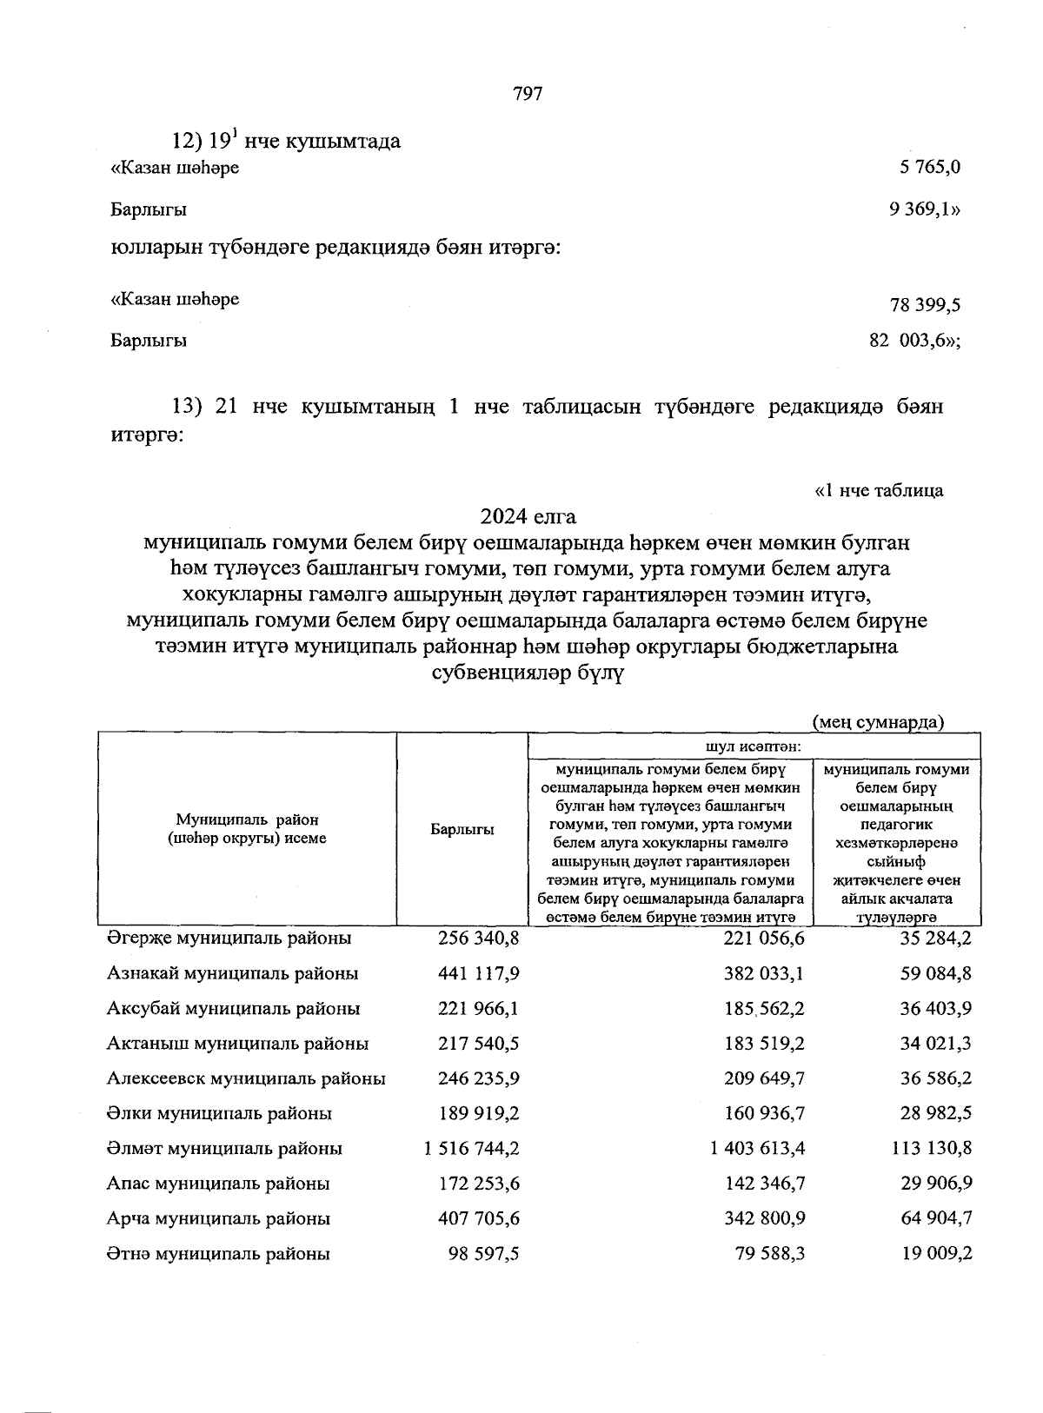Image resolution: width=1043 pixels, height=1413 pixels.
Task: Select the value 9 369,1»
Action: pyautogui.click(x=925, y=209)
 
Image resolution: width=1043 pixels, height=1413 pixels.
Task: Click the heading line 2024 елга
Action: pyautogui.click(x=528, y=517)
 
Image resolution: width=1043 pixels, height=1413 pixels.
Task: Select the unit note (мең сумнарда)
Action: pyautogui.click(x=878, y=722)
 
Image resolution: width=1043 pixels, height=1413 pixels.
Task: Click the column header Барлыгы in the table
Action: pyautogui.click(x=462, y=830)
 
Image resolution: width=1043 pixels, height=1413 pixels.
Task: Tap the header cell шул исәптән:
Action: pyautogui.click(x=754, y=746)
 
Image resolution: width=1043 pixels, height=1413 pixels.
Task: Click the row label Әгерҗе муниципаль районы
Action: pyautogui.click(x=229, y=939)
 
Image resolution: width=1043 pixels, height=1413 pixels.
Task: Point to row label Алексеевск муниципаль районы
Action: pyautogui.click(x=246, y=1078)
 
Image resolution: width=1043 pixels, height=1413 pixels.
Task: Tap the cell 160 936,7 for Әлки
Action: pyautogui.click(x=764, y=1114)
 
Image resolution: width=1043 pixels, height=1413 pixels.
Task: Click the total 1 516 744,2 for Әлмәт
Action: pyautogui.click(x=472, y=1149)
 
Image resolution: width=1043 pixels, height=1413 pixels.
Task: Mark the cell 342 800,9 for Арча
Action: pyautogui.click(x=764, y=1219)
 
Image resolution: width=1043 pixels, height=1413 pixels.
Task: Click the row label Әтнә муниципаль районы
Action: pyautogui.click(x=218, y=1254)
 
